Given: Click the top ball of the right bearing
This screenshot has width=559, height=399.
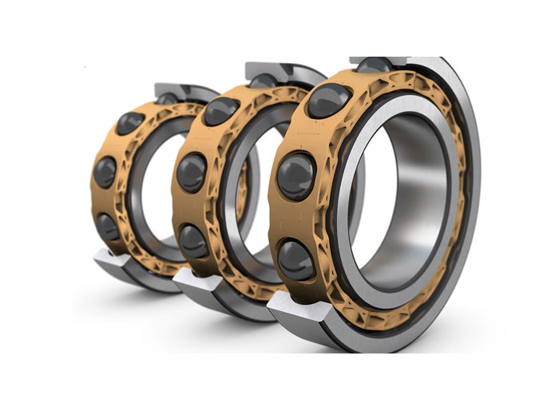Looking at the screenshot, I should [329, 101].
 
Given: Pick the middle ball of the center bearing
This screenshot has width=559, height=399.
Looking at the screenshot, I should [192, 172].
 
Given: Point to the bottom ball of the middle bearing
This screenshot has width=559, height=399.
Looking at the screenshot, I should [193, 239].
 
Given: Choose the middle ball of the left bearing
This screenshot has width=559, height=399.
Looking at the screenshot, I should [105, 172].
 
